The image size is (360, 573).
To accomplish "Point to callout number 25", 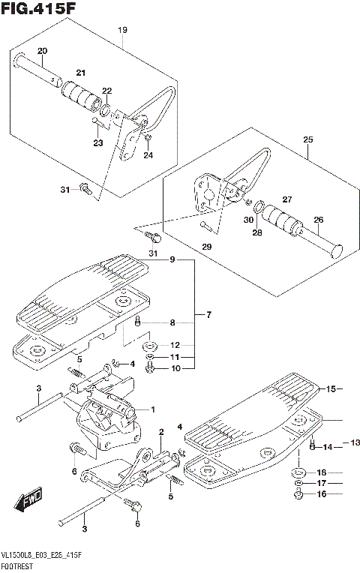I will (x=307, y=139).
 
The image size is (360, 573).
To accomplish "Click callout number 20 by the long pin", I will (x=42, y=51).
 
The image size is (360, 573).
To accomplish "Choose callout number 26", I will (x=318, y=220).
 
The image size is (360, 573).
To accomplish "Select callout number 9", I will (x=172, y=260).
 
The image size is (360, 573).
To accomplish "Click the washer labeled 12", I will (x=151, y=346).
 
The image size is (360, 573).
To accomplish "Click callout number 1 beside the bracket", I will (x=152, y=409).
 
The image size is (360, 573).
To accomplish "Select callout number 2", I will (x=161, y=431).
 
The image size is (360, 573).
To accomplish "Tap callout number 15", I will (x=329, y=388).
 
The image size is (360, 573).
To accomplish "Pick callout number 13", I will (x=355, y=443).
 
